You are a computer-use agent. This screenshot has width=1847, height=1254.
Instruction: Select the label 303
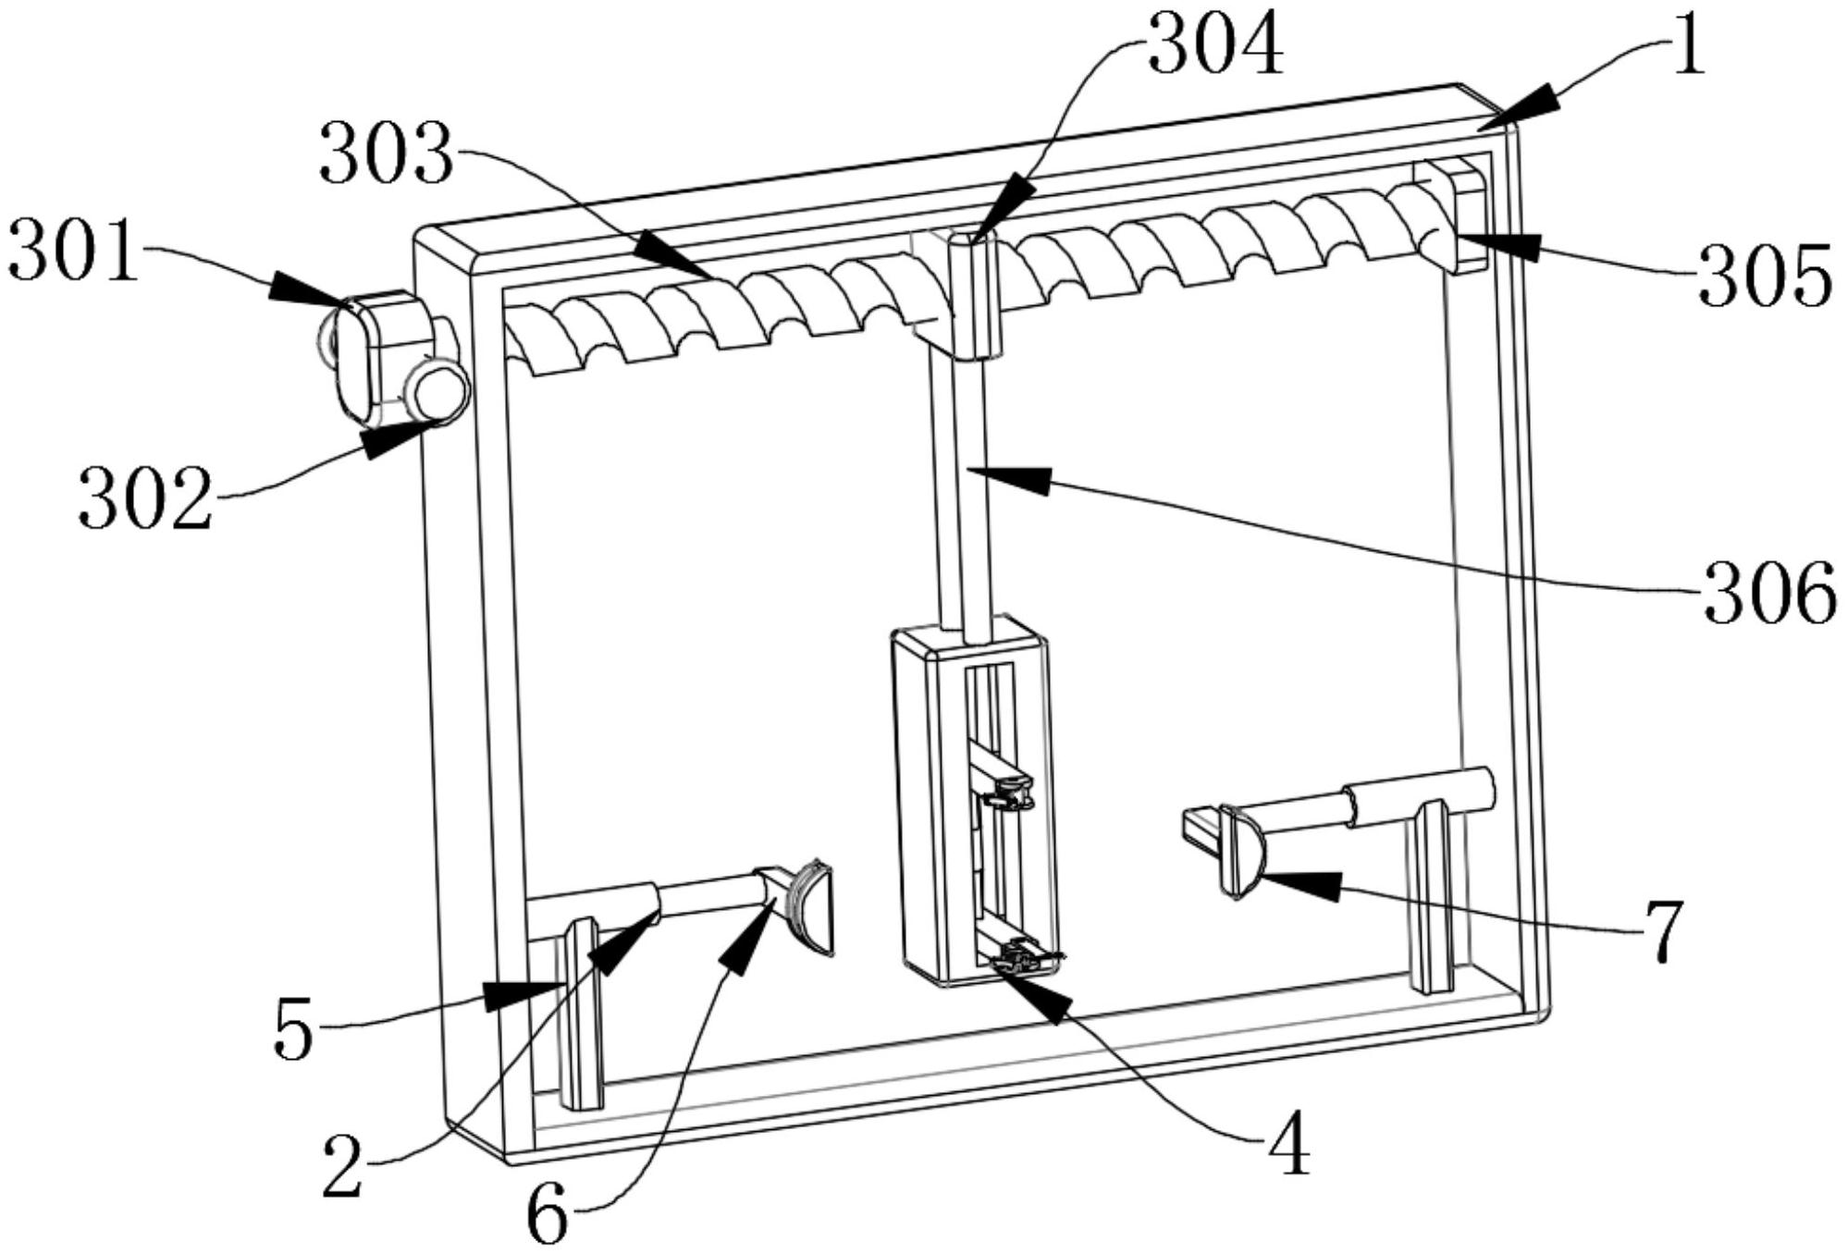pyautogui.click(x=387, y=154)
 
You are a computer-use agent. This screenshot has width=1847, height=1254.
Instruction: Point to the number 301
pyautogui.click(x=73, y=251)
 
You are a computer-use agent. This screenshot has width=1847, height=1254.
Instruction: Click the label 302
pyautogui.click(x=145, y=498)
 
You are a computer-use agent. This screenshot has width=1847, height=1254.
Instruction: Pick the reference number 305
pyautogui.click(x=1765, y=276)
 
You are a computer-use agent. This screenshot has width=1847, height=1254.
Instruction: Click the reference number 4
pyautogui.click(x=1287, y=1143)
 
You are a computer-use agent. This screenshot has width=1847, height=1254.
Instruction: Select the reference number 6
pyautogui.click(x=548, y=1216)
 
